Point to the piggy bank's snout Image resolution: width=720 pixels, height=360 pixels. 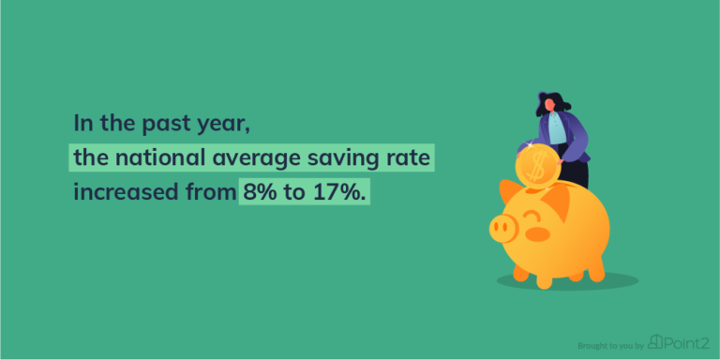[502, 228]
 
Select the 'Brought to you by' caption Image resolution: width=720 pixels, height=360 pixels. [610, 346]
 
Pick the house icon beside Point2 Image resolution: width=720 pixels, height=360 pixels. [654, 342]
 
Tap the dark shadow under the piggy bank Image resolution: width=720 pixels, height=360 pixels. [567, 281]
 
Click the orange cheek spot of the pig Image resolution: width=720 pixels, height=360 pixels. [537, 234]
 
